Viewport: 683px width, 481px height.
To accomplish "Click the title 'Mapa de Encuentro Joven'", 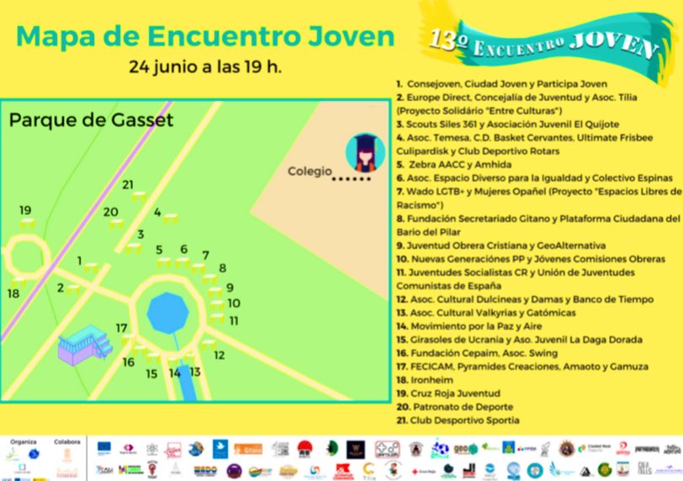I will tap(205, 35).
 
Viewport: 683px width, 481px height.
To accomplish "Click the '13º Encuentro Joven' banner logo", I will tap(543, 41).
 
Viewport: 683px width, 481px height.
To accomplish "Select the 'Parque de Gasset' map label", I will tap(91, 120).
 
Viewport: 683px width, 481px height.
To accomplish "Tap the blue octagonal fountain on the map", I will tap(168, 313).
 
